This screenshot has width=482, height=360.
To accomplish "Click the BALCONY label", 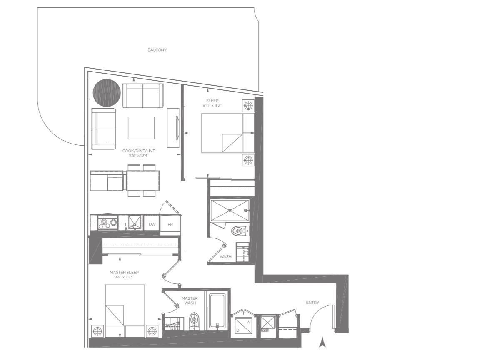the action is point(157,50).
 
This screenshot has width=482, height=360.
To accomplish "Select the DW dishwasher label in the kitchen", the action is point(152,224).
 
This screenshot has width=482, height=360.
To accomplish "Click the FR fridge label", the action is point(170,225).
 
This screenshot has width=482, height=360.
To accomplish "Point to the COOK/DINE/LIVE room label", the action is point(139,151).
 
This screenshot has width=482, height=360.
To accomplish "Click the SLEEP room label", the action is point(212,101).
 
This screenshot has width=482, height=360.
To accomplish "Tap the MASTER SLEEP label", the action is point(124,272).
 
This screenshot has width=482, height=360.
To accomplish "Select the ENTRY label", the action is point(312,303).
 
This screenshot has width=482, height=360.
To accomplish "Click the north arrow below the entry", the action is point(322,342).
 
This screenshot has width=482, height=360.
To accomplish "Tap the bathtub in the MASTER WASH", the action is point(217,311).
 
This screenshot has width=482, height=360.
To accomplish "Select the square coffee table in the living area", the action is point(141,128).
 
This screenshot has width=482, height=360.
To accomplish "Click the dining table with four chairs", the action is point(143,180).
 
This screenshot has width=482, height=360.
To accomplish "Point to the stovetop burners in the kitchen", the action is point(107,222).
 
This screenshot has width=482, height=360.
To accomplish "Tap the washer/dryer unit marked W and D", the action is point(243,326).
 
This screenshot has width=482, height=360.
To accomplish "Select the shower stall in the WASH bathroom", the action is point(230,211).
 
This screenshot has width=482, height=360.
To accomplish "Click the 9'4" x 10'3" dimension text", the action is point(124,277).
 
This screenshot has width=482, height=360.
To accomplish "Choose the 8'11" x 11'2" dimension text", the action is point(212,105).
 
